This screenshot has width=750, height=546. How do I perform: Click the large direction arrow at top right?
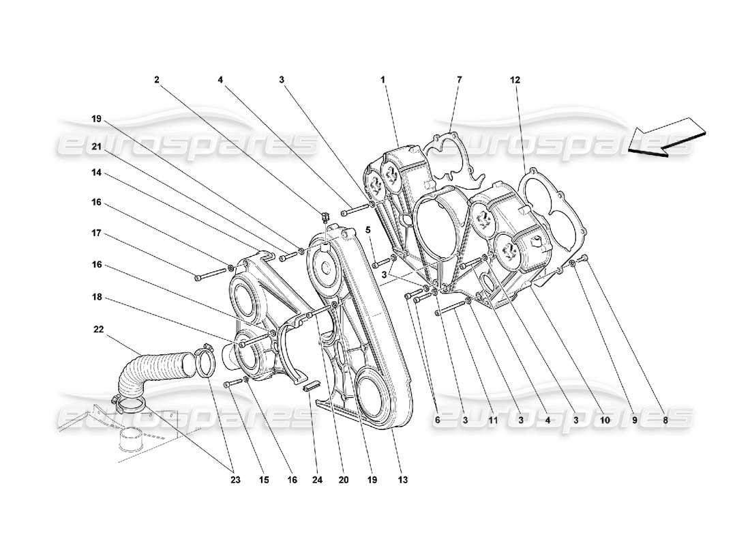665,137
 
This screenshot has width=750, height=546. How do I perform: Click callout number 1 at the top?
383,80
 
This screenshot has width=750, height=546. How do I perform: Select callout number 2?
156,80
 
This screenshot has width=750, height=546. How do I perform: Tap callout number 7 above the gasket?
459,80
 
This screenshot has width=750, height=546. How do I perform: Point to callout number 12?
515,80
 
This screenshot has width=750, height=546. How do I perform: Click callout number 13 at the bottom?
403,480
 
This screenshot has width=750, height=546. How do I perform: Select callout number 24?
316,480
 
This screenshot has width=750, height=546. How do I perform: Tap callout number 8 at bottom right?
665,421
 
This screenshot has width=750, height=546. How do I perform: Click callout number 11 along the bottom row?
493,421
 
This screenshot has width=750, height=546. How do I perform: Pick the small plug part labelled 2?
325,216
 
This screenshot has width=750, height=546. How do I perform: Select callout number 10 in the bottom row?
604,421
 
